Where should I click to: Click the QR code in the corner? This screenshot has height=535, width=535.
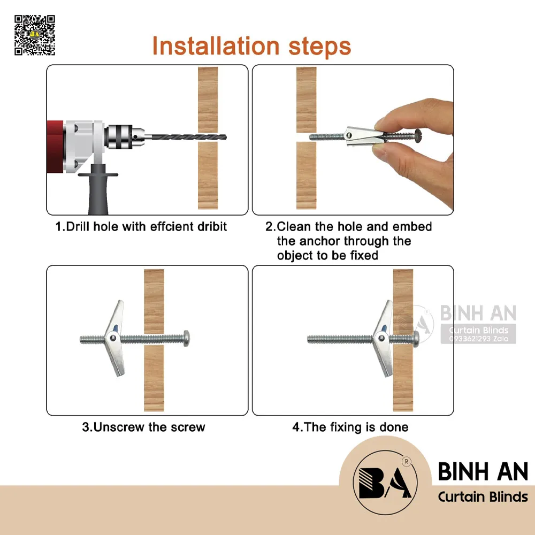pos(34,35)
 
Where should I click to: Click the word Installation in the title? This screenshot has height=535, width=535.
pos(216,46)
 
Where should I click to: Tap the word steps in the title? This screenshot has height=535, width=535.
pos(320,47)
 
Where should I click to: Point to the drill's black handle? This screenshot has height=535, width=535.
pos(98,189)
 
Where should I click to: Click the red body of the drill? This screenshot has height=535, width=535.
pos(55,147)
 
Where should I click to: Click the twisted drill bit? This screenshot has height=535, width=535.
pos(188,137)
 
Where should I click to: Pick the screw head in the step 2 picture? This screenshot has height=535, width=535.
pos(418,135)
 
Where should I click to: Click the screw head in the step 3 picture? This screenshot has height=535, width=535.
pos(186,338)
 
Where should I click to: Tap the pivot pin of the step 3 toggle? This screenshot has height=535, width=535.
pos(112,339)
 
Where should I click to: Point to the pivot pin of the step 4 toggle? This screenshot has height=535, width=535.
pos(381,339)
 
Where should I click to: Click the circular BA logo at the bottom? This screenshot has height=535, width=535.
pos(385,483)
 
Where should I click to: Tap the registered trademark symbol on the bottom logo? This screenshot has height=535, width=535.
pos(407,462)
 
